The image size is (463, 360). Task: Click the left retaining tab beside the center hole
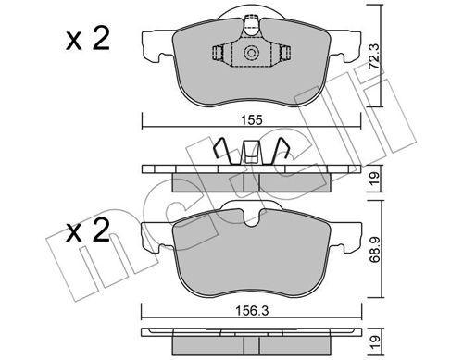pyautogui.click(x=219, y=54)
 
